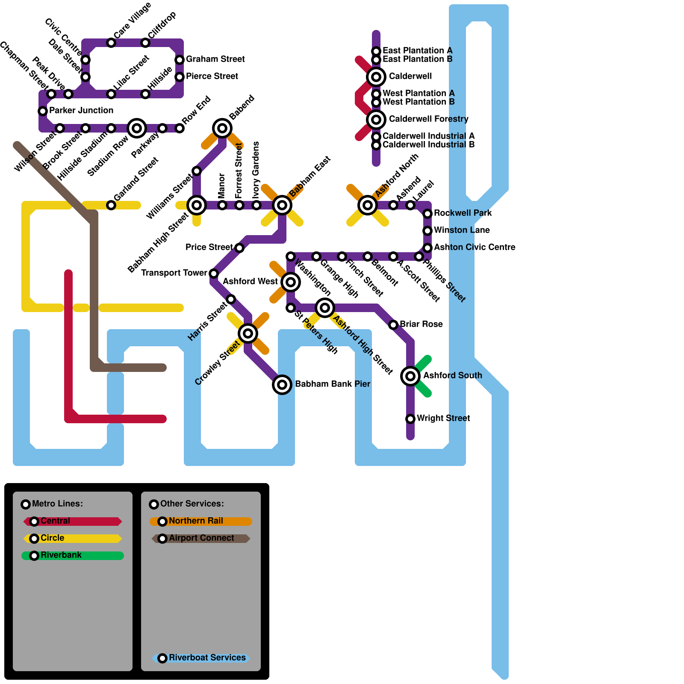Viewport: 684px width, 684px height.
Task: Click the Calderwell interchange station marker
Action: [376, 77]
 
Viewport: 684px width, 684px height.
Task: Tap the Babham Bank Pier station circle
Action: [282, 385]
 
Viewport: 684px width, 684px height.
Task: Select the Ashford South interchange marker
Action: [410, 376]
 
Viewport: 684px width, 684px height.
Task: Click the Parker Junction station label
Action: [81, 110]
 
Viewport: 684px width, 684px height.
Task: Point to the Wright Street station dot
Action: [410, 419]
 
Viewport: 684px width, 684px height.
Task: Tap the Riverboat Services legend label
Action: [207, 657]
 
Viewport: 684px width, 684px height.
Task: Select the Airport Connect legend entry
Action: [201, 538]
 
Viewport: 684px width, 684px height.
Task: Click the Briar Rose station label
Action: [421, 324]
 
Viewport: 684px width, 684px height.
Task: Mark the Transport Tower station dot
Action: [214, 274]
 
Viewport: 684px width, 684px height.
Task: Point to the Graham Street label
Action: [215, 59]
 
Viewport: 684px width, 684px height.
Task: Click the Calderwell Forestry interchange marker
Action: [376, 120]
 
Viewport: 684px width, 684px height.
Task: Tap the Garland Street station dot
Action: [111, 205]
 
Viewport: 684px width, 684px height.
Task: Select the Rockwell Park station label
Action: [463, 213]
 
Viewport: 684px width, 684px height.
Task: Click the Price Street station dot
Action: [239, 248]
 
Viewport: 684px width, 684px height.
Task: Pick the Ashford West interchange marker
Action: [291, 282]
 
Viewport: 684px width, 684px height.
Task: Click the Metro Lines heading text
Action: [57, 504]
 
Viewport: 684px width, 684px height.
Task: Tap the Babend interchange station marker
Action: [222, 128]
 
